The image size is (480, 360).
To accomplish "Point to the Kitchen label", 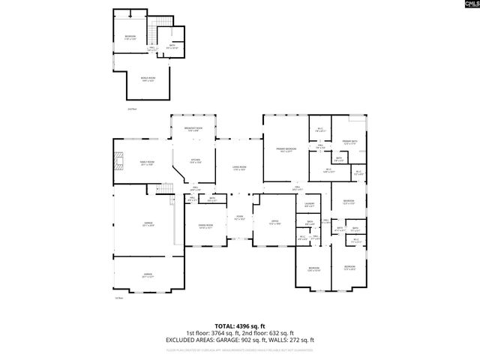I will (195, 160).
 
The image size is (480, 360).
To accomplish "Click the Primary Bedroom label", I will (286, 150).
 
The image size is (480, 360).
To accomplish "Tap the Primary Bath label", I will (349, 142).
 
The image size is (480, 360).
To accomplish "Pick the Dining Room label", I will (205, 226).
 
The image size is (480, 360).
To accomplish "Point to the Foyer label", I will (240, 218).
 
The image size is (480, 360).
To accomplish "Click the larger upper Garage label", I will (148, 224).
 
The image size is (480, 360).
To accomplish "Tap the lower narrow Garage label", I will (148, 275).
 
